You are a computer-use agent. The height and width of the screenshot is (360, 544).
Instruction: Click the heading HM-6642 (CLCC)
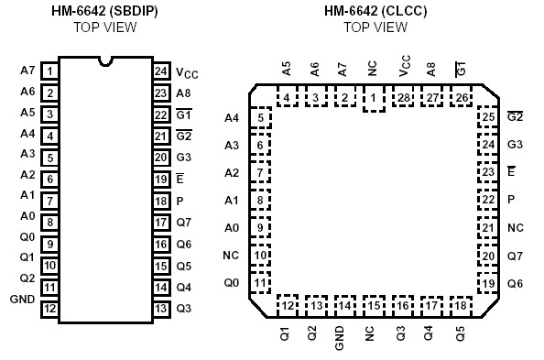pyautogui.click(x=375, y=10)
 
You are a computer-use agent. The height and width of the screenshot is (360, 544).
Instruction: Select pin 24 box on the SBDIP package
pyautogui.click(x=161, y=71)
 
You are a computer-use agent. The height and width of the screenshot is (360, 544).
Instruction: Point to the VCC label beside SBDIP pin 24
pyautogui.click(x=187, y=72)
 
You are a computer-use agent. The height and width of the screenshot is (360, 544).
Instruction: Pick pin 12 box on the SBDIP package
pyautogui.click(x=49, y=309)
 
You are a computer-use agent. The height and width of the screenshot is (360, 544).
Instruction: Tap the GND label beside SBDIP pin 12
pyautogui.click(x=22, y=300)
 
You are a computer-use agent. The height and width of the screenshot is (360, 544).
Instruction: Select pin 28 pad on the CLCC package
pyautogui.click(x=403, y=98)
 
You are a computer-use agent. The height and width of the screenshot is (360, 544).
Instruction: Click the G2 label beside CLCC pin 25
pyautogui.click(x=515, y=117)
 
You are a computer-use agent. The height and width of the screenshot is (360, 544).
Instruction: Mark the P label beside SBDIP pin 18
pyautogui.click(x=180, y=201)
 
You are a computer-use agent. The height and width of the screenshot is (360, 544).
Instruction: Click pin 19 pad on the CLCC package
pyautogui.click(x=487, y=284)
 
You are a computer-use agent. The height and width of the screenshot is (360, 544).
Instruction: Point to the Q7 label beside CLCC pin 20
pyautogui.click(x=515, y=256)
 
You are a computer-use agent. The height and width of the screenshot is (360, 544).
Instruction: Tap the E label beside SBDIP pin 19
pyautogui.click(x=180, y=179)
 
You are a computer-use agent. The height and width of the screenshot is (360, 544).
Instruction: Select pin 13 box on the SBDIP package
pyautogui.click(x=161, y=309)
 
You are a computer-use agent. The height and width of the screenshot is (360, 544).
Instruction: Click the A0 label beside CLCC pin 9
pyautogui.click(x=232, y=228)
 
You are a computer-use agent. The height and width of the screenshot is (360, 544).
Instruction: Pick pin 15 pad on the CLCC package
pyautogui.click(x=373, y=305)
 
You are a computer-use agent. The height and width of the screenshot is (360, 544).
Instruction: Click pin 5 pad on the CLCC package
pyautogui.click(x=261, y=117)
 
